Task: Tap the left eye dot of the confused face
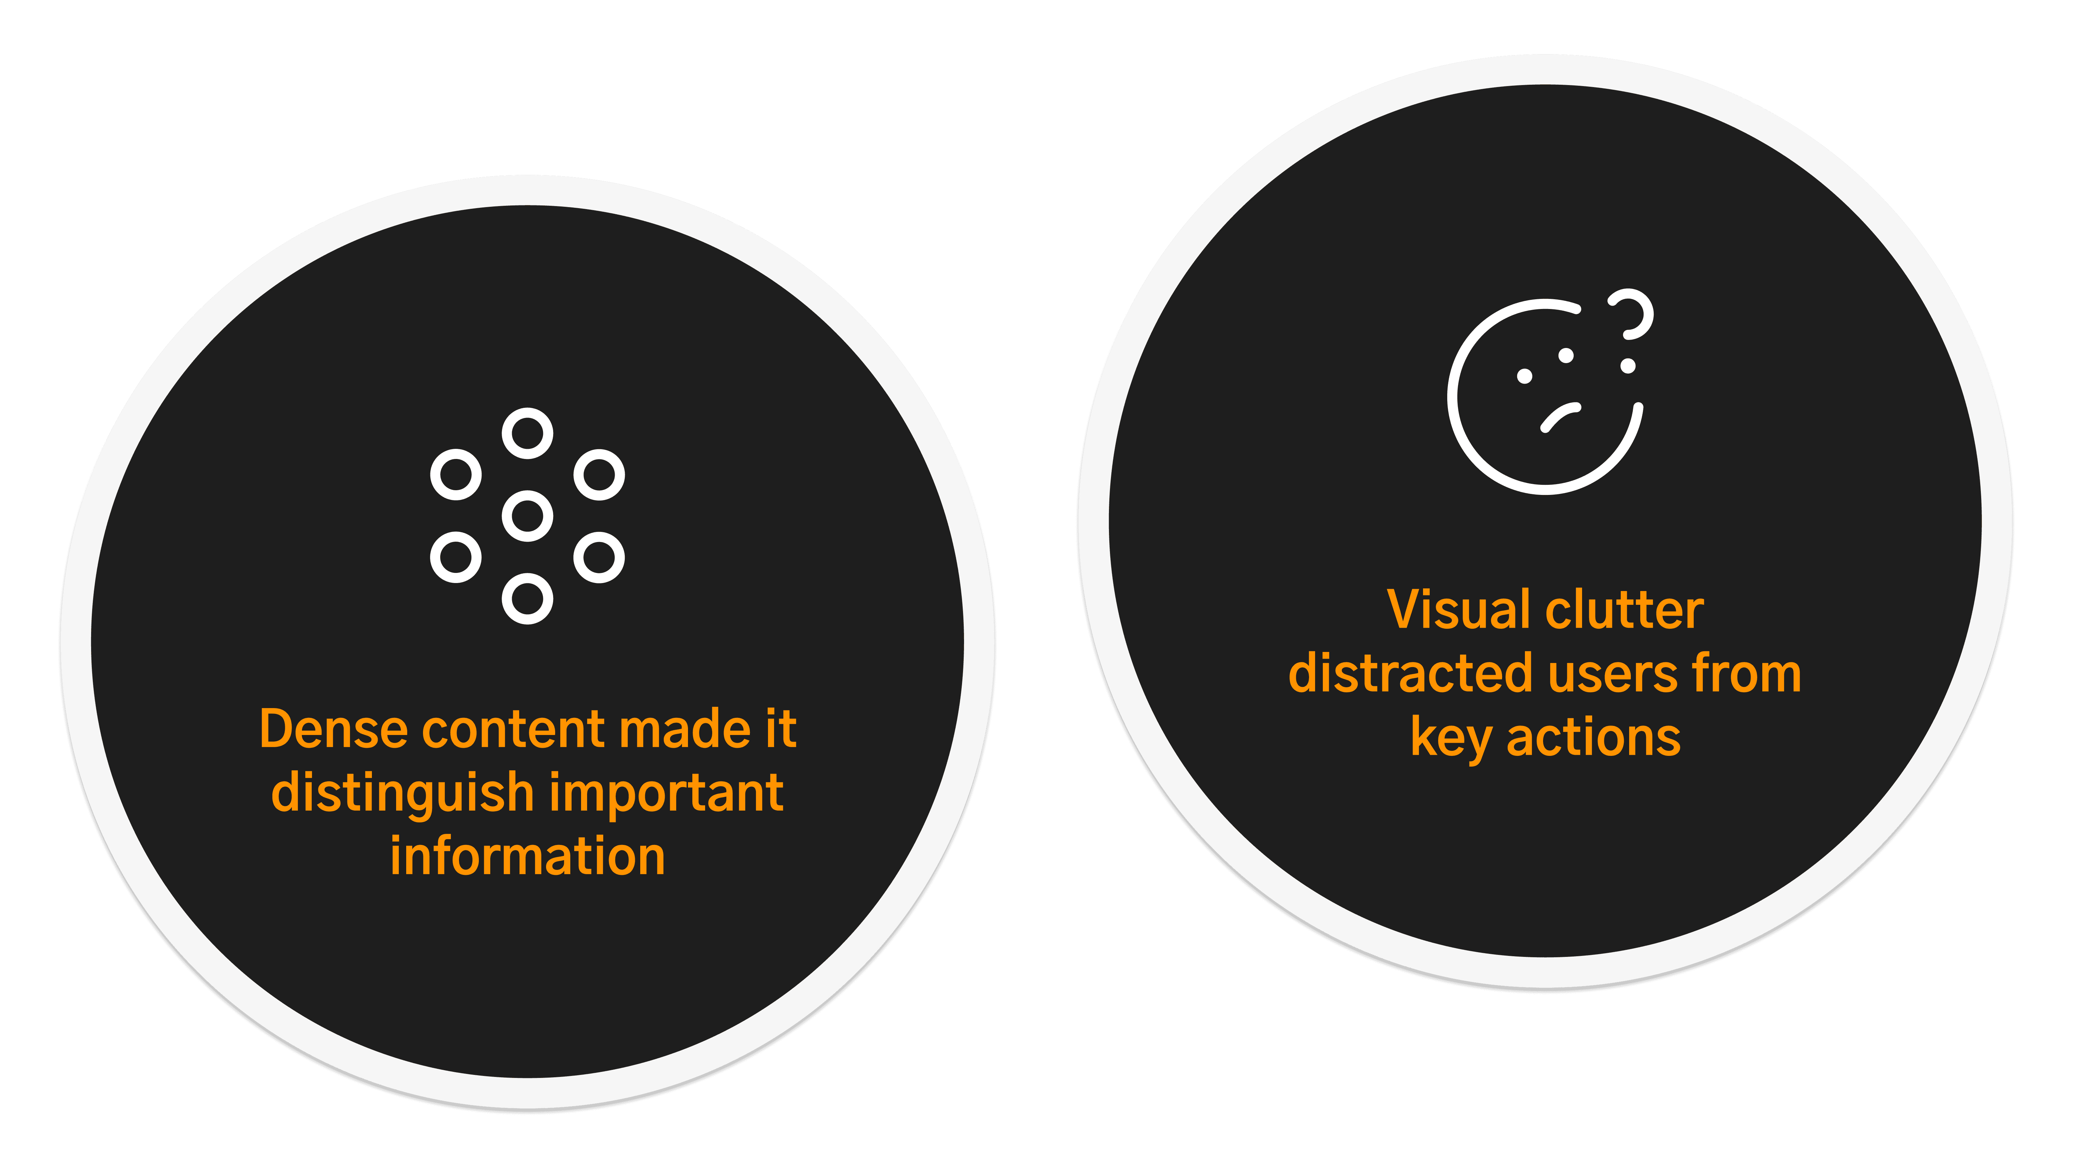coord(1524,376)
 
